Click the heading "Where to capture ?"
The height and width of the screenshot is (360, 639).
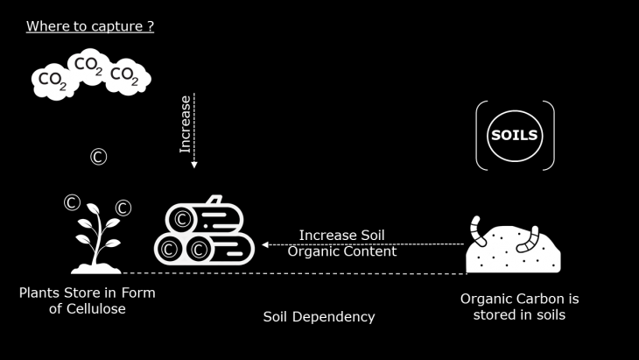tap(90, 26)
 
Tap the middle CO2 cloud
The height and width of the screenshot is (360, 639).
tap(88, 64)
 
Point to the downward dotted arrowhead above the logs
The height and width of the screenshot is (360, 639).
tap(194, 163)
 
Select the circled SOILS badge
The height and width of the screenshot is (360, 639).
tap(515, 135)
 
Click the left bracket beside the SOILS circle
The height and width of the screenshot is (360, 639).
tap(481, 135)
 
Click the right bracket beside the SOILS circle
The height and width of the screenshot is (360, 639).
tap(549, 135)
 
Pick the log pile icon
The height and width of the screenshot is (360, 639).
tap(204, 231)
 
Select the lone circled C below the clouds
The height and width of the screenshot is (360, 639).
tap(98, 157)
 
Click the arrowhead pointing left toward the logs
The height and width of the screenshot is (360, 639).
tap(265, 244)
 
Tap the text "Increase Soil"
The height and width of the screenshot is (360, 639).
tap(341, 235)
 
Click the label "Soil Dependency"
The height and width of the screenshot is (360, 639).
tap(319, 316)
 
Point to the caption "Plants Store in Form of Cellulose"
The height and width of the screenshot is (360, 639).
tap(88, 300)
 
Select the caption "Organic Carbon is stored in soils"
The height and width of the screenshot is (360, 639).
tap(519, 307)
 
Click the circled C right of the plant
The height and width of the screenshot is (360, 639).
tap(123, 208)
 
